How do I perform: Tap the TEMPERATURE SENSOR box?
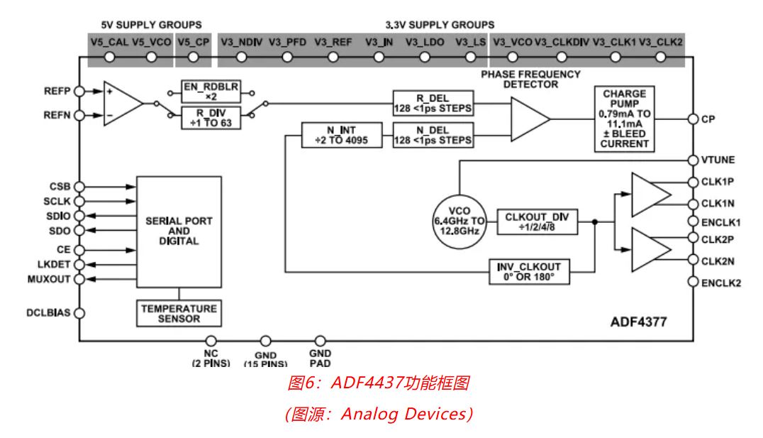[178, 314]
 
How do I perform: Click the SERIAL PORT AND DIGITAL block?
[179, 231]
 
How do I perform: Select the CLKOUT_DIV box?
[538, 221]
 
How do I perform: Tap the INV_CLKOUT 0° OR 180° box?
[530, 271]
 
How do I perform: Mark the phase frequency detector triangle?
[529, 118]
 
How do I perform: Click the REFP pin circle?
[79, 92]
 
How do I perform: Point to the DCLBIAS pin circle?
[79, 312]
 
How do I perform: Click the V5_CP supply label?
[194, 42]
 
